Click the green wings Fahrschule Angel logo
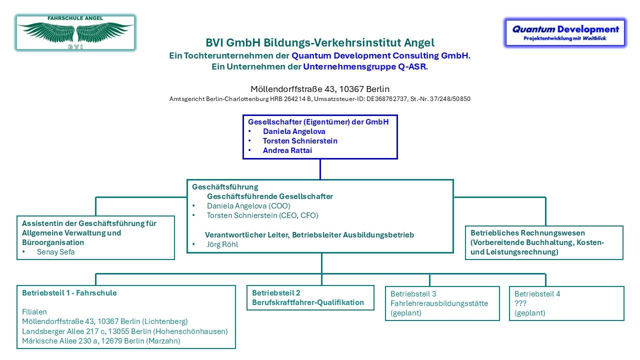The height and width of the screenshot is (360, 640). (75, 33)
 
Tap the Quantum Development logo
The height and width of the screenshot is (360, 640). (565, 32)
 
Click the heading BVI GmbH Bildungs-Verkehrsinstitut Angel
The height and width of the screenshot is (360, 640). (320, 42)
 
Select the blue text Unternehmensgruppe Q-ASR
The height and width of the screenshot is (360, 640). (364, 66)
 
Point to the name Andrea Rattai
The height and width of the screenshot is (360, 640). (287, 150)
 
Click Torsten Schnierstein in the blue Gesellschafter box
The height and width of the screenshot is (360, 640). (300, 141)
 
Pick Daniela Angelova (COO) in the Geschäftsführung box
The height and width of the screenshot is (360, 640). (248, 206)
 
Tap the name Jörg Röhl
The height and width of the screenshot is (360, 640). (222, 244)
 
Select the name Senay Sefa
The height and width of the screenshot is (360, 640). (55, 252)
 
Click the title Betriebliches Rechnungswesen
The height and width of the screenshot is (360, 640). (527, 233)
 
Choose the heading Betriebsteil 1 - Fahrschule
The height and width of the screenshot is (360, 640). (69, 293)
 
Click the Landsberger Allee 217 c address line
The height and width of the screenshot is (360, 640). (125, 331)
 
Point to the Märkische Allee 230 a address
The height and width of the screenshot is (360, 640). (101, 341)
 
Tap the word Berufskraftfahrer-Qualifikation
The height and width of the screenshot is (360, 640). (308, 302)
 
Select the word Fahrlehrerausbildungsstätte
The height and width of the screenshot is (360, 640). (439, 303)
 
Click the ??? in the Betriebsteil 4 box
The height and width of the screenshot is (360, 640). (520, 303)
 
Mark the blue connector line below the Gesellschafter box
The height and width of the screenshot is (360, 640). (320, 169)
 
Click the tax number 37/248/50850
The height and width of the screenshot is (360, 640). (450, 99)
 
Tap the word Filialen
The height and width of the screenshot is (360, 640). (34, 312)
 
